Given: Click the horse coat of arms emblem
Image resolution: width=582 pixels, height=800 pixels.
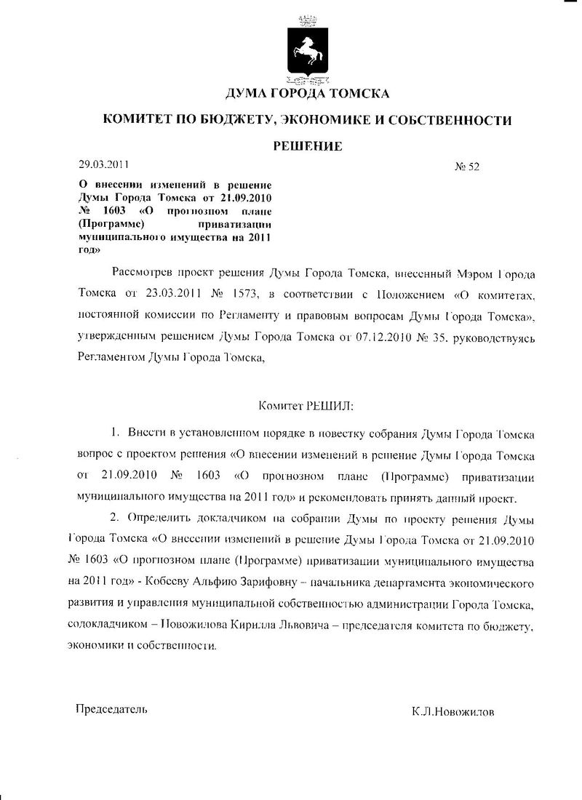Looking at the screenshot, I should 308,49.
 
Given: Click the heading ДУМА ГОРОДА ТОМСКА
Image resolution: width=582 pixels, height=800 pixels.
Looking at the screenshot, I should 308,94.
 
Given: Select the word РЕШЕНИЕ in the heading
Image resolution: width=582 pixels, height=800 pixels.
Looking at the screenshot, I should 308,146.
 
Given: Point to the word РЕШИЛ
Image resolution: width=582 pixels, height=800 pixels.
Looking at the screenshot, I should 328,404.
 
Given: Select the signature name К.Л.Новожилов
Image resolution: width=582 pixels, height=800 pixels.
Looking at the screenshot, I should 453,713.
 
